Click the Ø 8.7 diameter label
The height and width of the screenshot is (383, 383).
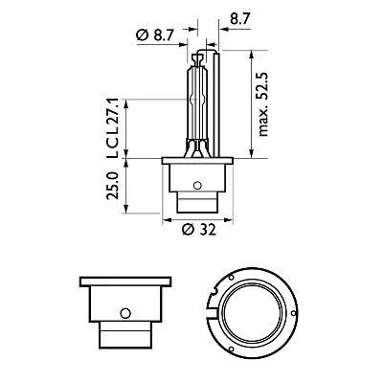(155, 36)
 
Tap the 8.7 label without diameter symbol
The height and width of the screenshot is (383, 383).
(240, 17)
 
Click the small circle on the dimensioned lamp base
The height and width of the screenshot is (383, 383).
(197, 183)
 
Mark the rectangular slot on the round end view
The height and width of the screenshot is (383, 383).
(212, 308)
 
